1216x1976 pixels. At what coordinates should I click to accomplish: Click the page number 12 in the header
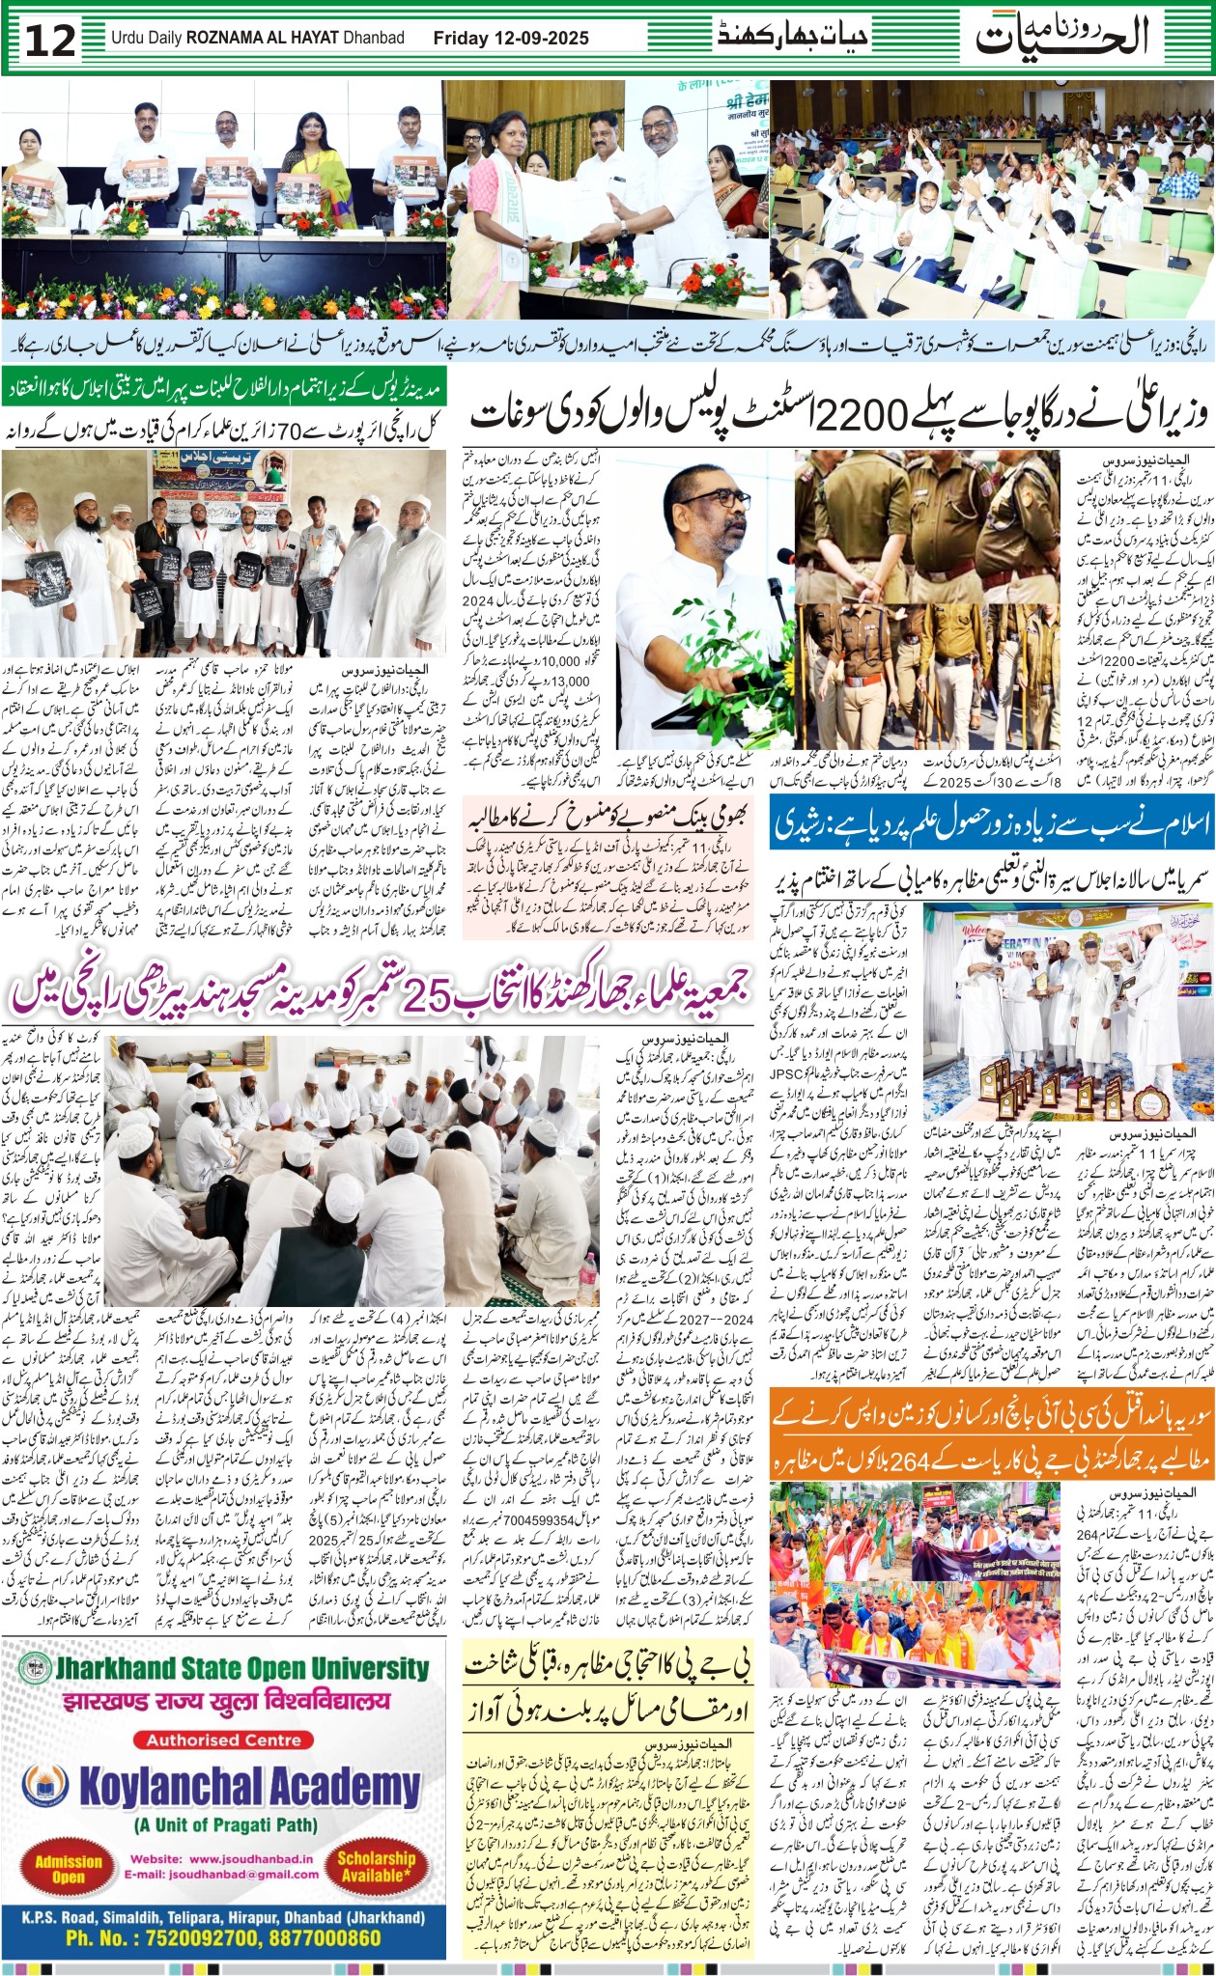tap(49, 40)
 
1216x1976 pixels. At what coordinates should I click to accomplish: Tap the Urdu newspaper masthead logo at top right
tap(1061, 36)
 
